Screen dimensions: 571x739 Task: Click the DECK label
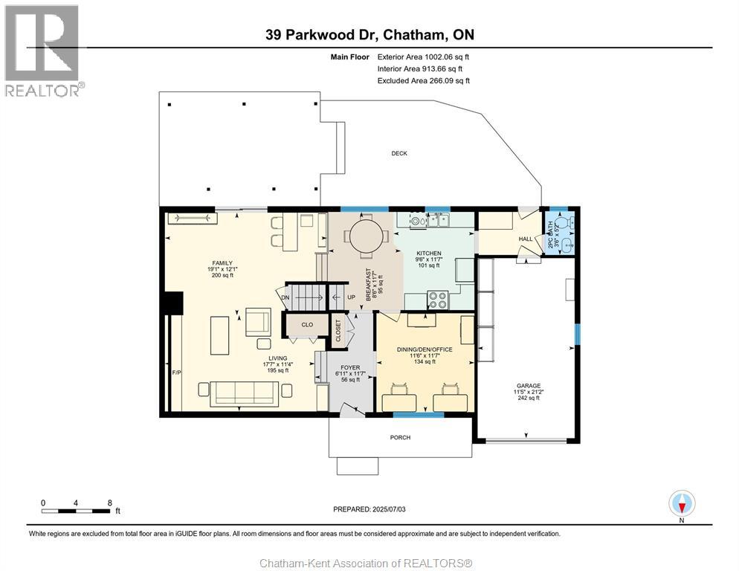click(399, 153)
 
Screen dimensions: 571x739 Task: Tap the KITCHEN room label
click(429, 254)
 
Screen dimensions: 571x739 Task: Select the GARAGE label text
click(529, 386)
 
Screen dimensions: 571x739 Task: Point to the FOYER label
click(349, 367)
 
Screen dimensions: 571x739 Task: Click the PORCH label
click(400, 437)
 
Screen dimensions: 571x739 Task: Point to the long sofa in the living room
click(244, 393)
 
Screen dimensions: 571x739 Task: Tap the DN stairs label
click(285, 297)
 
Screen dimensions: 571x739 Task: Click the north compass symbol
click(681, 503)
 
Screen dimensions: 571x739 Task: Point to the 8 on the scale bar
click(109, 503)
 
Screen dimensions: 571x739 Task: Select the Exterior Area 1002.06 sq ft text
click(423, 56)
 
